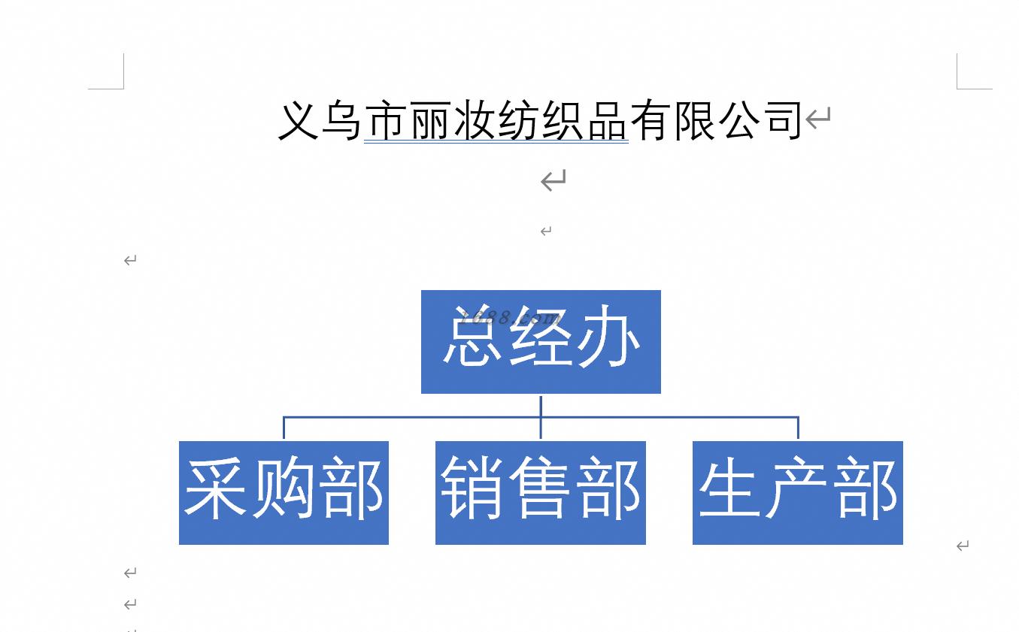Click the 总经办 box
tap(541, 342)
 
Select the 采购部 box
tap(284, 493)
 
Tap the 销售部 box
tap(541, 493)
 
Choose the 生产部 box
tap(798, 493)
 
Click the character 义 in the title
tap(298, 120)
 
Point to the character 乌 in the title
tap(341, 120)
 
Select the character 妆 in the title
tap(474, 120)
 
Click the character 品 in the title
tap(607, 120)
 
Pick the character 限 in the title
tap(695, 120)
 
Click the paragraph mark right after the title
tap(818, 118)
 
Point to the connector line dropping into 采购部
tap(284, 428)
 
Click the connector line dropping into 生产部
tap(799, 428)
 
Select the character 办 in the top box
tap(608, 337)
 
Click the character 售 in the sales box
tap(541, 488)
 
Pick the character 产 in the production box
tap(797, 488)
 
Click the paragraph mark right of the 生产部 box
tap(963, 546)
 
